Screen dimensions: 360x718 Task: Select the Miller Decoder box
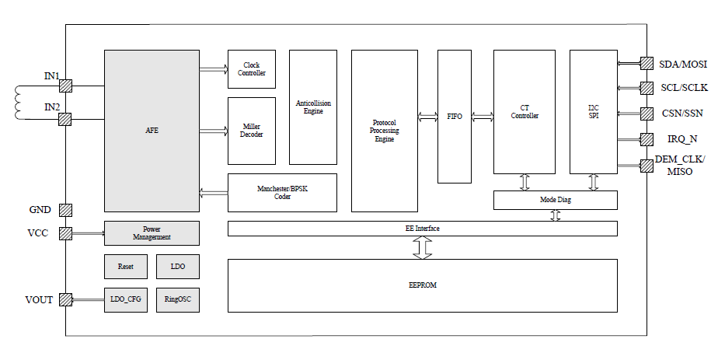(251, 131)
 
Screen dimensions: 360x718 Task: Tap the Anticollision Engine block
(313, 107)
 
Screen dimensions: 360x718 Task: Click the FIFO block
(455, 116)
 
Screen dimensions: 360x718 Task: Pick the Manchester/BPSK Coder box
(282, 193)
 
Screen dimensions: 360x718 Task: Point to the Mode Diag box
(555, 201)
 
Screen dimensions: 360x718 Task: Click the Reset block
(126, 266)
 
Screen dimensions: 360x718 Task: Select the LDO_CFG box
(126, 299)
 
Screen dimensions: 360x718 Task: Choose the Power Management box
(152, 233)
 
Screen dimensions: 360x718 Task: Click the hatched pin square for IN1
(66, 86)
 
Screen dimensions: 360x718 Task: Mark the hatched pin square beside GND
(66, 210)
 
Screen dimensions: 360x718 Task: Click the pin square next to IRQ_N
(646, 139)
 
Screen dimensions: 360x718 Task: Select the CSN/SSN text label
(681, 114)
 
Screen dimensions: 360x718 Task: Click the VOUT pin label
(39, 299)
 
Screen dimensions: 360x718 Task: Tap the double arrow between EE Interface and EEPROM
(422, 247)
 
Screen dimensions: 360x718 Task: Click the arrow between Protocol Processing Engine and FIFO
(427, 117)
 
